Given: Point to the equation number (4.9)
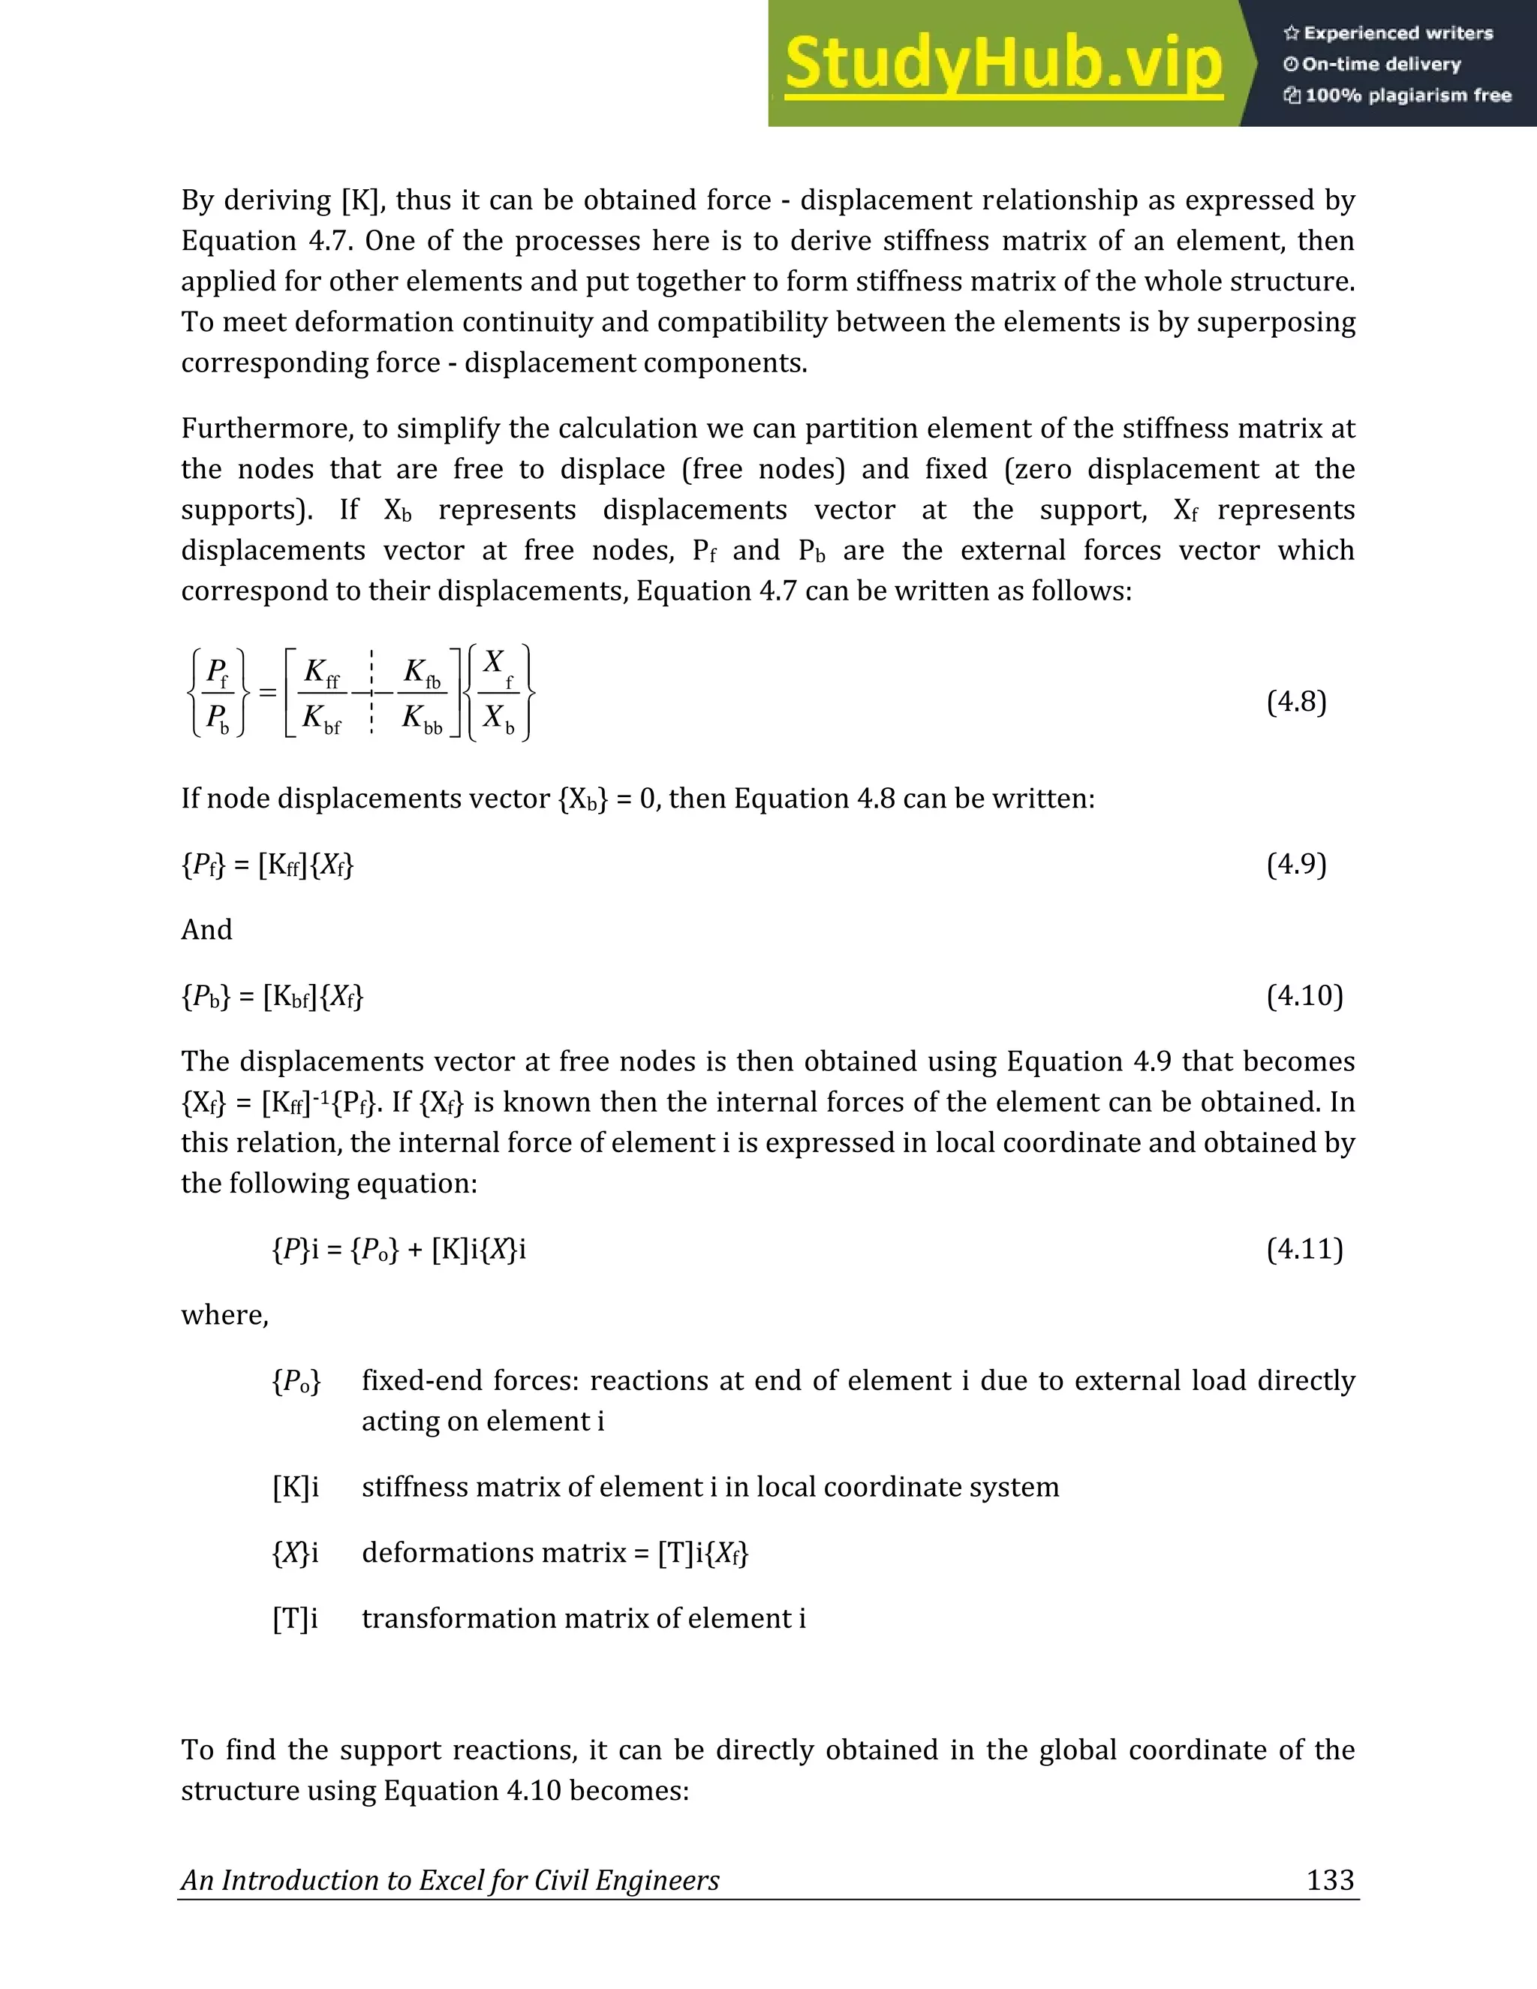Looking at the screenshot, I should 1295,863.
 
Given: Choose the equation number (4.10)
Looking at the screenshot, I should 1304,995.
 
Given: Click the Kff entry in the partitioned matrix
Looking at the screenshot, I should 321,674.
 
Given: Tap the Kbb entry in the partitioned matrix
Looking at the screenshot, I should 422,720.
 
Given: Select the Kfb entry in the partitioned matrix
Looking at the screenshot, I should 422,674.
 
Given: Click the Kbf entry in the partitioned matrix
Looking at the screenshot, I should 321,720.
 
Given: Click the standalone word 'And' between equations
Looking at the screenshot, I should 206,930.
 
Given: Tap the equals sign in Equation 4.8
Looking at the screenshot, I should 266,693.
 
